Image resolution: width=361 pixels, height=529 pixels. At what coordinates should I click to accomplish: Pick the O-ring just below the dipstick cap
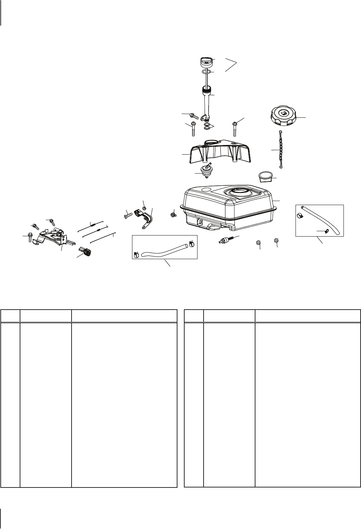tap(205, 72)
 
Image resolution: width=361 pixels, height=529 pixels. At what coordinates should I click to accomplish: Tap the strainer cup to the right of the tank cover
tap(265, 176)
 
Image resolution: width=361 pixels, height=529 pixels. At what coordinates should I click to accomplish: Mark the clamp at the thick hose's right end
tap(191, 244)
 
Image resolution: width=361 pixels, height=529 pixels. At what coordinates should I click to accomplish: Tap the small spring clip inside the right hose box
tap(327, 231)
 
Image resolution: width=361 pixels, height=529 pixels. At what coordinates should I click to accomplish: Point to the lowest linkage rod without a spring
tap(102, 239)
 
